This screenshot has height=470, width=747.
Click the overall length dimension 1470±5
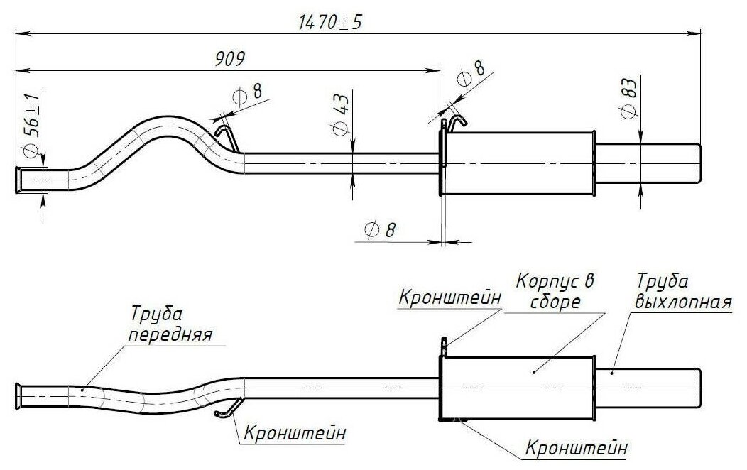point(329,22)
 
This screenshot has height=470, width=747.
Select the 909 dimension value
point(230,58)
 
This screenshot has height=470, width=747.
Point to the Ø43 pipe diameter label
point(340,115)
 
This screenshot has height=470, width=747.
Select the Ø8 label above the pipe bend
point(247,94)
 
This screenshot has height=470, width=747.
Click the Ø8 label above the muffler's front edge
point(470,73)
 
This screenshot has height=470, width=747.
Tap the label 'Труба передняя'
point(170,324)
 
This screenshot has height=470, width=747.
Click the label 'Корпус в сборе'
point(555,291)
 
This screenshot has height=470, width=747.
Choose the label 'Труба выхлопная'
point(683,291)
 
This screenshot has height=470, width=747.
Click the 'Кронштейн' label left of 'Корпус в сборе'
point(449,298)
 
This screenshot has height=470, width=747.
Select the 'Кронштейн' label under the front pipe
point(295,433)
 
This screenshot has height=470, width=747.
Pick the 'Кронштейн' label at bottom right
point(577,448)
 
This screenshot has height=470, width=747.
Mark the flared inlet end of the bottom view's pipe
point(18,395)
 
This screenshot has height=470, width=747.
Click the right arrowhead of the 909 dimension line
point(434,71)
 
